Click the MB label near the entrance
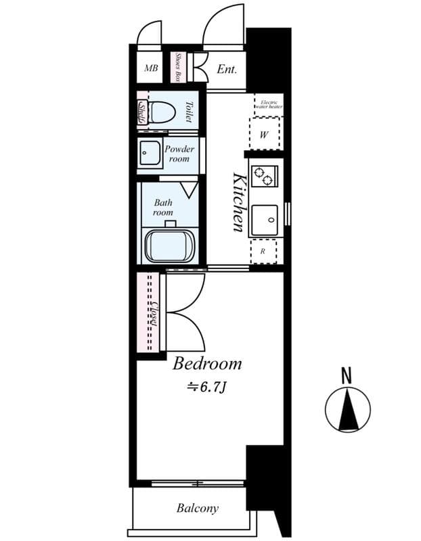tap(151, 68)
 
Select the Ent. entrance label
tap(227, 69)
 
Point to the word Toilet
tap(189, 112)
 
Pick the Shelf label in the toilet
tap(143, 112)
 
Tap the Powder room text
tap(179, 154)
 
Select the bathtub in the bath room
tap(169, 245)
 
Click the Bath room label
tap(163, 207)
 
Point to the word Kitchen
tap(238, 202)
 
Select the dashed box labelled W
tap(264, 134)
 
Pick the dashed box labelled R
tap(263, 251)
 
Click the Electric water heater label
tap(269, 105)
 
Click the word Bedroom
tap(207, 364)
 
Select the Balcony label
tap(198, 508)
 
